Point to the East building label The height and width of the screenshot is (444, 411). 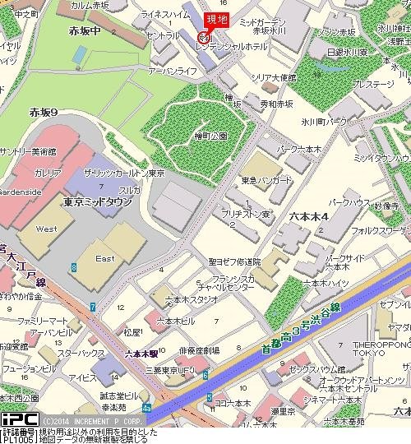coord(104,258)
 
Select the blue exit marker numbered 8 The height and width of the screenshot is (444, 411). coord(74,267)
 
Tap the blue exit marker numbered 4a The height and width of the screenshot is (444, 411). coord(146,406)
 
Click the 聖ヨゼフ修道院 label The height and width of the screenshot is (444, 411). coord(233,261)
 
